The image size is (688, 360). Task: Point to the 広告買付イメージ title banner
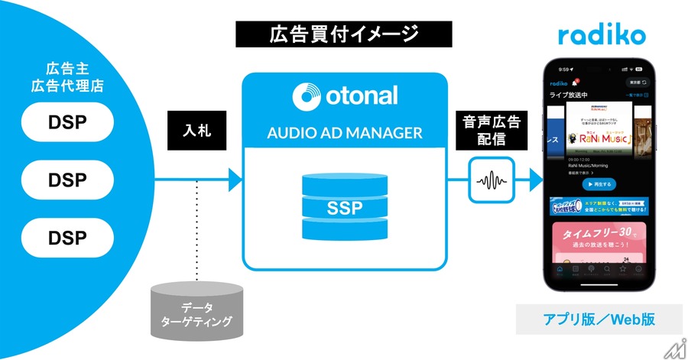point(344,34)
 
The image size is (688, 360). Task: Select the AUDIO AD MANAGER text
point(344,133)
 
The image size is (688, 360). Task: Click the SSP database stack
point(344,206)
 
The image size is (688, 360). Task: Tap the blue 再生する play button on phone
point(599,184)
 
